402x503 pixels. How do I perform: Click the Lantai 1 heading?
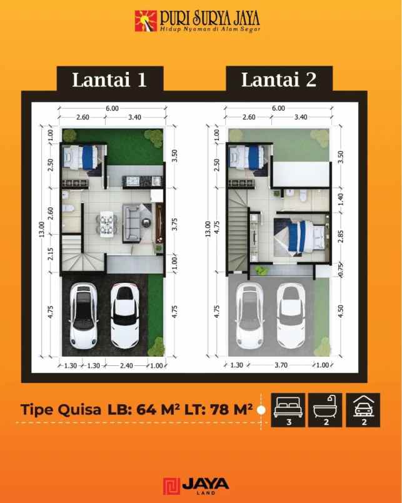click(x=109, y=79)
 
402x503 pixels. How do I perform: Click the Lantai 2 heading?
click(x=278, y=79)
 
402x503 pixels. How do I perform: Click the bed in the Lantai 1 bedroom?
click(x=80, y=156)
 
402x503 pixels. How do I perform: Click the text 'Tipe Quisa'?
click(x=61, y=410)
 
